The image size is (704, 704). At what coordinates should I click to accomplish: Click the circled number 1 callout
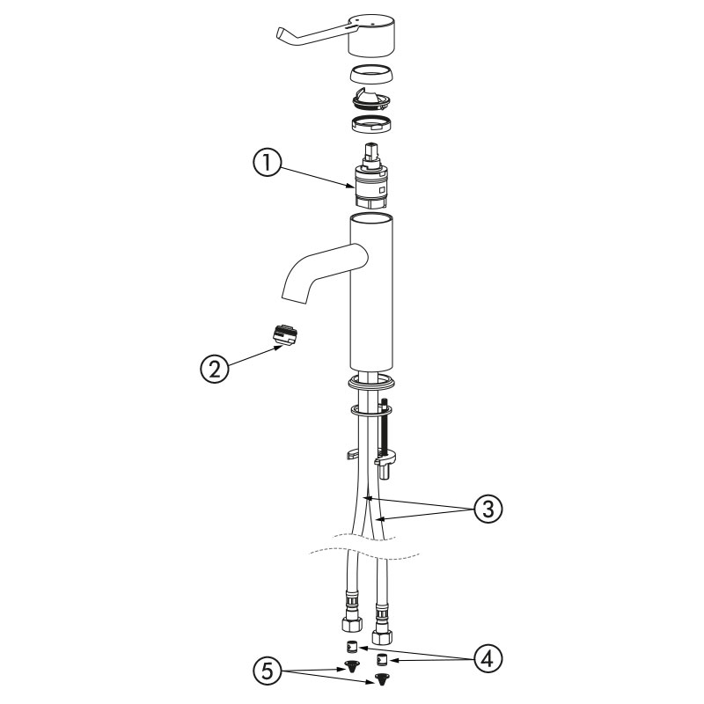268,163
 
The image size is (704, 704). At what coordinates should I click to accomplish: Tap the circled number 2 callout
215,369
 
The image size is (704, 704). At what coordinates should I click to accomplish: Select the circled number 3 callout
488,509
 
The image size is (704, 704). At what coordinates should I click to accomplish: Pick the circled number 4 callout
488,658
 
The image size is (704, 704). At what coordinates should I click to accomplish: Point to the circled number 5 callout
268,672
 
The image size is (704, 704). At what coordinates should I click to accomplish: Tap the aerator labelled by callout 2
285,335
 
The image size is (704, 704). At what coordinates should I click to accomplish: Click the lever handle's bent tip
280,34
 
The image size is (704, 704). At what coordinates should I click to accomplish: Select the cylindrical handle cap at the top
371,35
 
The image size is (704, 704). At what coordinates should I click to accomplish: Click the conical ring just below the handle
371,75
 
